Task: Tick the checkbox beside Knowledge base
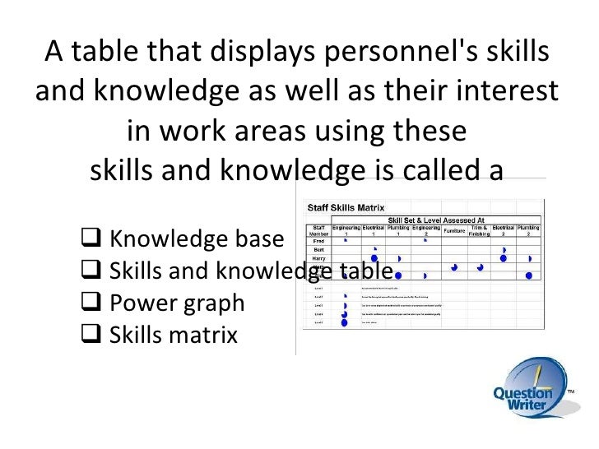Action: [x=95, y=240]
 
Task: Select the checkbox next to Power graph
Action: [x=95, y=303]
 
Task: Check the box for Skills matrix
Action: [x=95, y=336]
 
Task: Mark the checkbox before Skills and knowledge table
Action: [x=95, y=272]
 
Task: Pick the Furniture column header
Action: [x=461, y=231]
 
